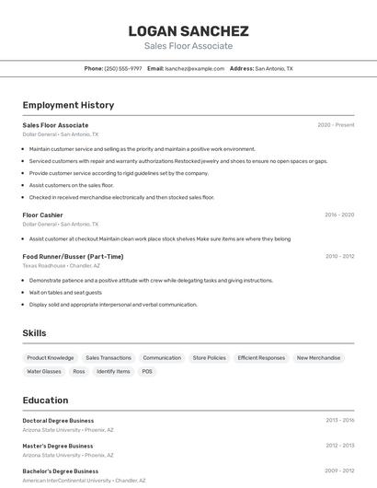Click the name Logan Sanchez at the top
click(188, 31)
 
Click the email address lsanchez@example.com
click(195, 68)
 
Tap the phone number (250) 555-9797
click(123, 68)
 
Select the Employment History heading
click(68, 106)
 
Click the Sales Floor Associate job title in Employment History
click(55, 125)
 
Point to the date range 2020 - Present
click(336, 125)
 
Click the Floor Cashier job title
click(42, 215)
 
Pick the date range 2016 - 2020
click(339, 215)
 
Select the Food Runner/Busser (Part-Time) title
click(73, 256)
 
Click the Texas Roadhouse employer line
click(61, 265)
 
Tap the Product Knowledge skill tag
click(51, 357)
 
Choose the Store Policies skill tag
click(209, 357)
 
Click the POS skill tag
click(146, 371)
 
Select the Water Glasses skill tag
click(44, 371)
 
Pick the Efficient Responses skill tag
click(261, 357)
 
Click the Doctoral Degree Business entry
click(58, 420)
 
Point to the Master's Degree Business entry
click(58, 446)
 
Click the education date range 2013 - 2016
click(339, 420)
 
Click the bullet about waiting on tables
click(65, 292)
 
